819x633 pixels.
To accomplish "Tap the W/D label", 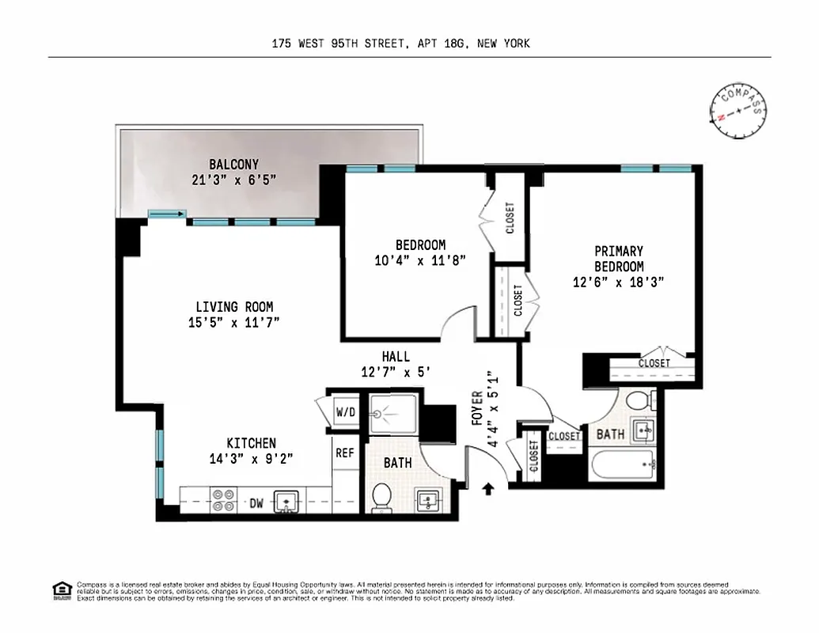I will point(345,411).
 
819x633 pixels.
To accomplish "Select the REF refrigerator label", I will point(344,453).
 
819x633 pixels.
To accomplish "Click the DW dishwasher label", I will point(256,502).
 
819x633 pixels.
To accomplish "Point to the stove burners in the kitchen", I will point(222,501).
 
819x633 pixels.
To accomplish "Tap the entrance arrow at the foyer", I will point(487,489).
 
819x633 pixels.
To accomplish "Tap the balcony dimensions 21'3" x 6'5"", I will point(233,180).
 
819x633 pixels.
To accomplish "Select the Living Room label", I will point(234,307).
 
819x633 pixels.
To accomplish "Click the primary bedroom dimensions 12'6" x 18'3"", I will point(619,282).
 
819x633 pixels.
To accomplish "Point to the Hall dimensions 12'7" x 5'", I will point(396,372).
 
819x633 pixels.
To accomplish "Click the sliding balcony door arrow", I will point(167,214).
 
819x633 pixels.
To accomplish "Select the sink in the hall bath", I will point(430,500).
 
